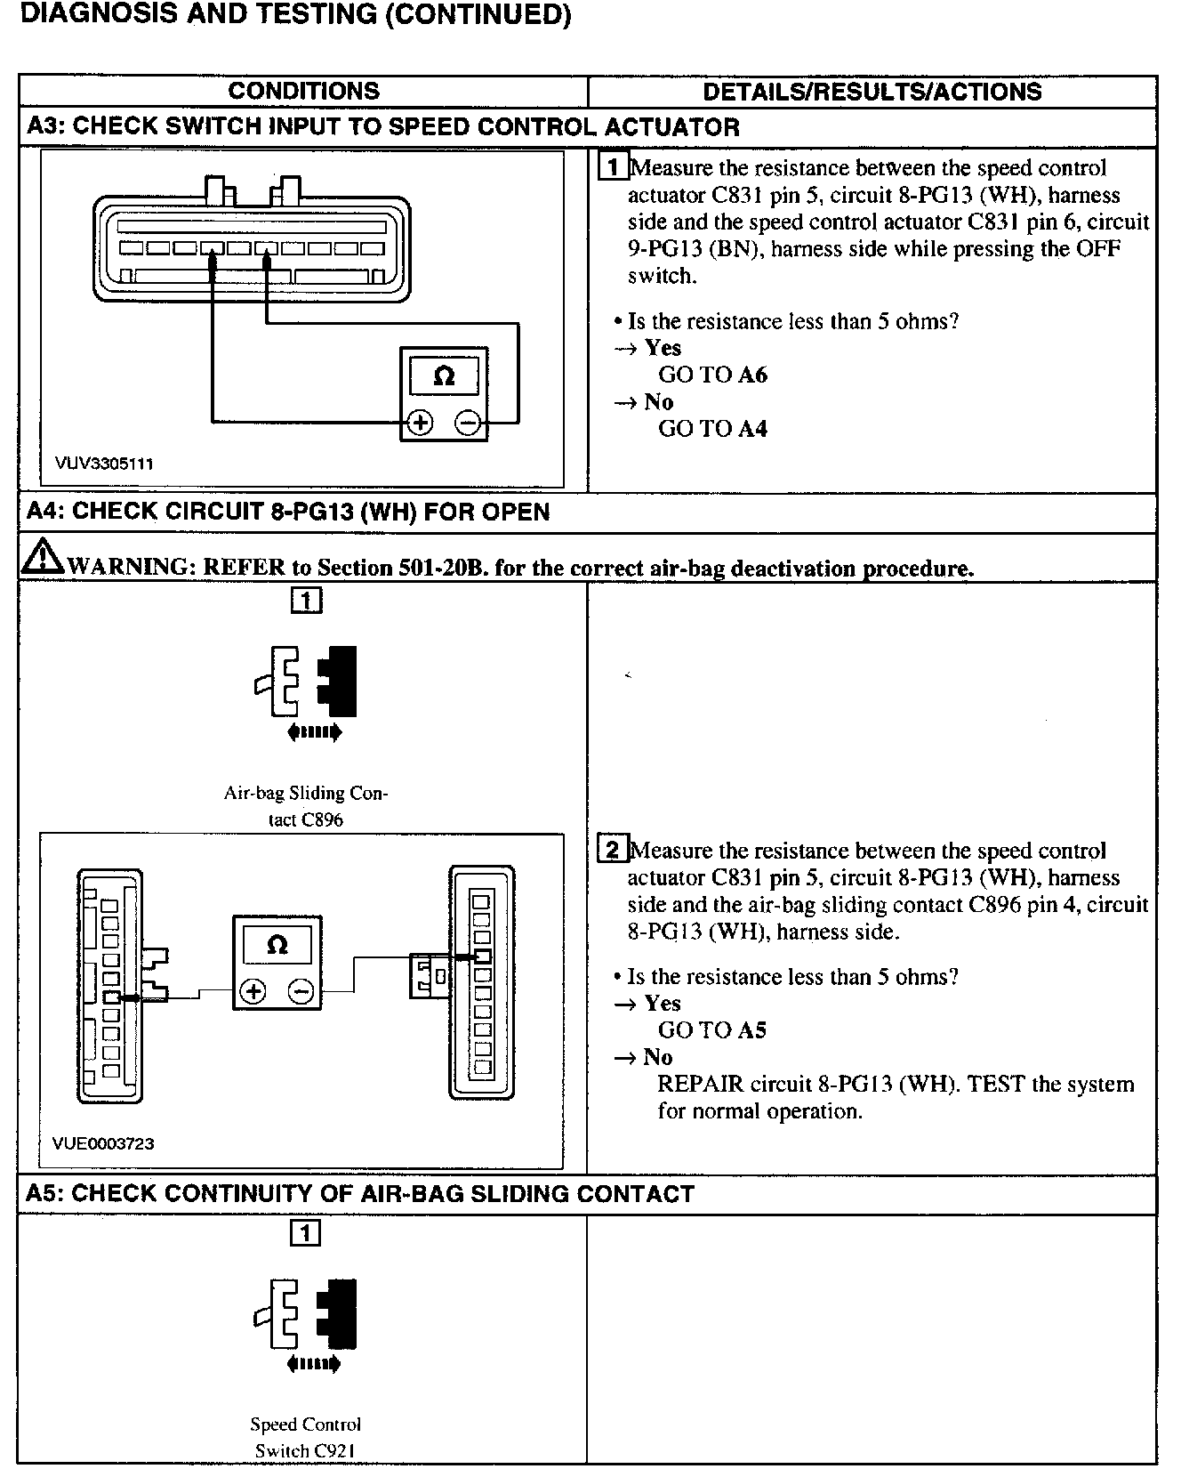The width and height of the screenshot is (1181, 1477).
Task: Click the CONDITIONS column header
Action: click(303, 91)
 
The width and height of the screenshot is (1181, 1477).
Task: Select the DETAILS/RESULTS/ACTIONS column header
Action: click(872, 92)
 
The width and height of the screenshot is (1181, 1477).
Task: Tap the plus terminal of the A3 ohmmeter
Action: click(419, 423)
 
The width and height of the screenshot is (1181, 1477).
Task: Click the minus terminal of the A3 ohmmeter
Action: click(469, 423)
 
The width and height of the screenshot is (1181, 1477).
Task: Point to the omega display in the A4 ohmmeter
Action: click(277, 945)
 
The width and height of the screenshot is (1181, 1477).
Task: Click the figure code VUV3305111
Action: click(104, 464)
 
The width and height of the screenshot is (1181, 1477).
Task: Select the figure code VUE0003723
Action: click(103, 1143)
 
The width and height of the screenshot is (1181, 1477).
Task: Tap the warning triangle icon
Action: click(39, 557)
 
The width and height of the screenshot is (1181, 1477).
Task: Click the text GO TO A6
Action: click(711, 375)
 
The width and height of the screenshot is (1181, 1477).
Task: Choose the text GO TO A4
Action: click(711, 428)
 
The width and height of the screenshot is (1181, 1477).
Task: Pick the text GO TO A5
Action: click(711, 1030)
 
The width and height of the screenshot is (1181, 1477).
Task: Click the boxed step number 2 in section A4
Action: click(613, 849)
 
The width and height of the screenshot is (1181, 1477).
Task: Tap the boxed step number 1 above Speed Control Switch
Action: click(305, 1233)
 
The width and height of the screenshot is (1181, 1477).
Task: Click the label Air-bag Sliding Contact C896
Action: click(305, 806)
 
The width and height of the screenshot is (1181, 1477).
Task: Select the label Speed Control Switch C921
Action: click(305, 1437)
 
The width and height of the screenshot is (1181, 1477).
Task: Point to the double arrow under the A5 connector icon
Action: click(314, 1364)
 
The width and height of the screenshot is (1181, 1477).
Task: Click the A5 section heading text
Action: click(359, 1194)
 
